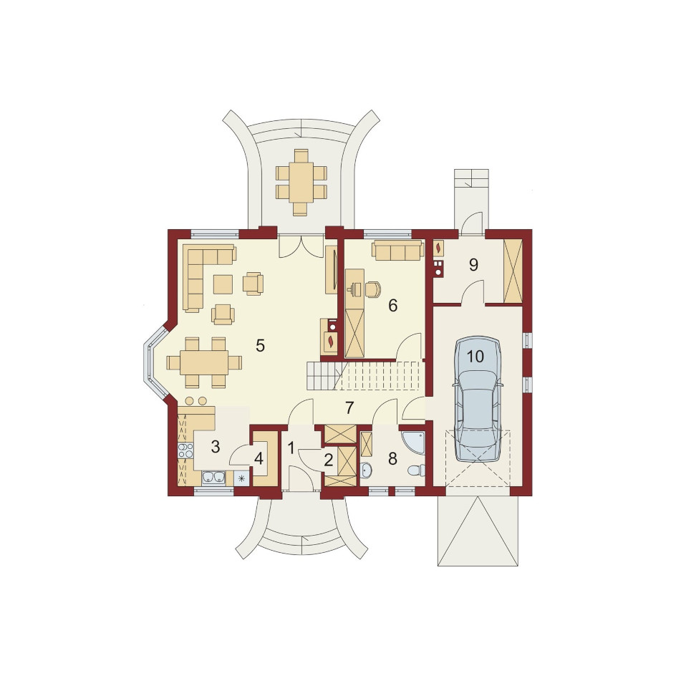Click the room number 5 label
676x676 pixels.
[260, 345]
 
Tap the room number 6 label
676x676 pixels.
[392, 306]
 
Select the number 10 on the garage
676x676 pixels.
[475, 357]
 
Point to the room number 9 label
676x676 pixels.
[473, 265]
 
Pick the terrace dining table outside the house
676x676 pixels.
[301, 183]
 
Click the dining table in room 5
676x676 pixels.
[204, 362]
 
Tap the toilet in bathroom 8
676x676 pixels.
[415, 470]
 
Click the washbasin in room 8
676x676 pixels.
[366, 470]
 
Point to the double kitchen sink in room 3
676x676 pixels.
[213, 477]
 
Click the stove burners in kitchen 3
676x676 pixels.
[185, 450]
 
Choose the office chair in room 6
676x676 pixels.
[373, 289]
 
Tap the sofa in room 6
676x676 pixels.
[397, 251]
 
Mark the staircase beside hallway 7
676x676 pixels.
[364, 376]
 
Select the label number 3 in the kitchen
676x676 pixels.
[215, 447]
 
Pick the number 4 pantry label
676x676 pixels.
[259, 459]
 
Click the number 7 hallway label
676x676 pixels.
[349, 407]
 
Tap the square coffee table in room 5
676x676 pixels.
[223, 284]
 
